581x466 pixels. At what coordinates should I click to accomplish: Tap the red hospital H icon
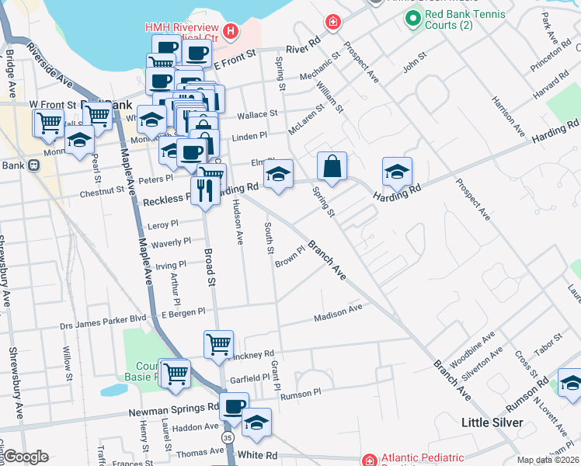(231, 31)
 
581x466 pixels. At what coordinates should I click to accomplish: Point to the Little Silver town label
(490, 423)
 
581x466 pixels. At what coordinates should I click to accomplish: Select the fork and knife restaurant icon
(205, 190)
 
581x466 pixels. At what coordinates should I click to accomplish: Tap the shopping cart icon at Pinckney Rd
(218, 344)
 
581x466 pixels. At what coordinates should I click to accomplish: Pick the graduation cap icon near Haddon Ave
(256, 423)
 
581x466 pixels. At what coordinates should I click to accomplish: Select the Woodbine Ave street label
(471, 349)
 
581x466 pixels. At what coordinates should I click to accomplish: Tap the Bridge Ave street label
(9, 75)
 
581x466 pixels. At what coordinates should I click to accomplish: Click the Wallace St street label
(257, 114)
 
